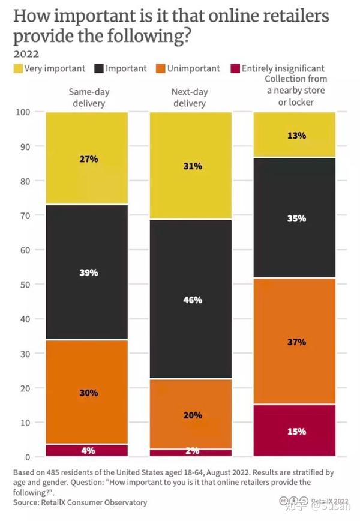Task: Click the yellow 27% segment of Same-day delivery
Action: point(87,158)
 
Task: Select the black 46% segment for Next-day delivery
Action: point(191,298)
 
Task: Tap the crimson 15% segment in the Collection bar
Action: point(295,430)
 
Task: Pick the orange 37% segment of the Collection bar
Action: point(295,342)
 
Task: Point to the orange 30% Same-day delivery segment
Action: point(87,392)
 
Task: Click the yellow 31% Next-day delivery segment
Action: point(191,166)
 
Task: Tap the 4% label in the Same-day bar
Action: point(88,450)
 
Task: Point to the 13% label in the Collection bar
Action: point(295,135)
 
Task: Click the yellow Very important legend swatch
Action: point(19,69)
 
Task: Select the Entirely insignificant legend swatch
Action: point(234,69)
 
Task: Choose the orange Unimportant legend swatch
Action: point(160,69)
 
